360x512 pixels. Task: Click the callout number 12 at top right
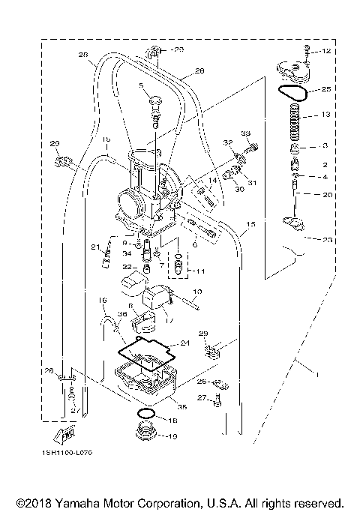[325, 52]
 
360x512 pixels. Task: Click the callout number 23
[326, 240]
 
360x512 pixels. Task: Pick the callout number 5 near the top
[140, 86]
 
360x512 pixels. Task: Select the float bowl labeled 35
[144, 382]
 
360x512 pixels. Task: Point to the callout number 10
[198, 291]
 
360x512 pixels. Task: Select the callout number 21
[95, 247]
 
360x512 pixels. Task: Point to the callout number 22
[127, 268]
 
